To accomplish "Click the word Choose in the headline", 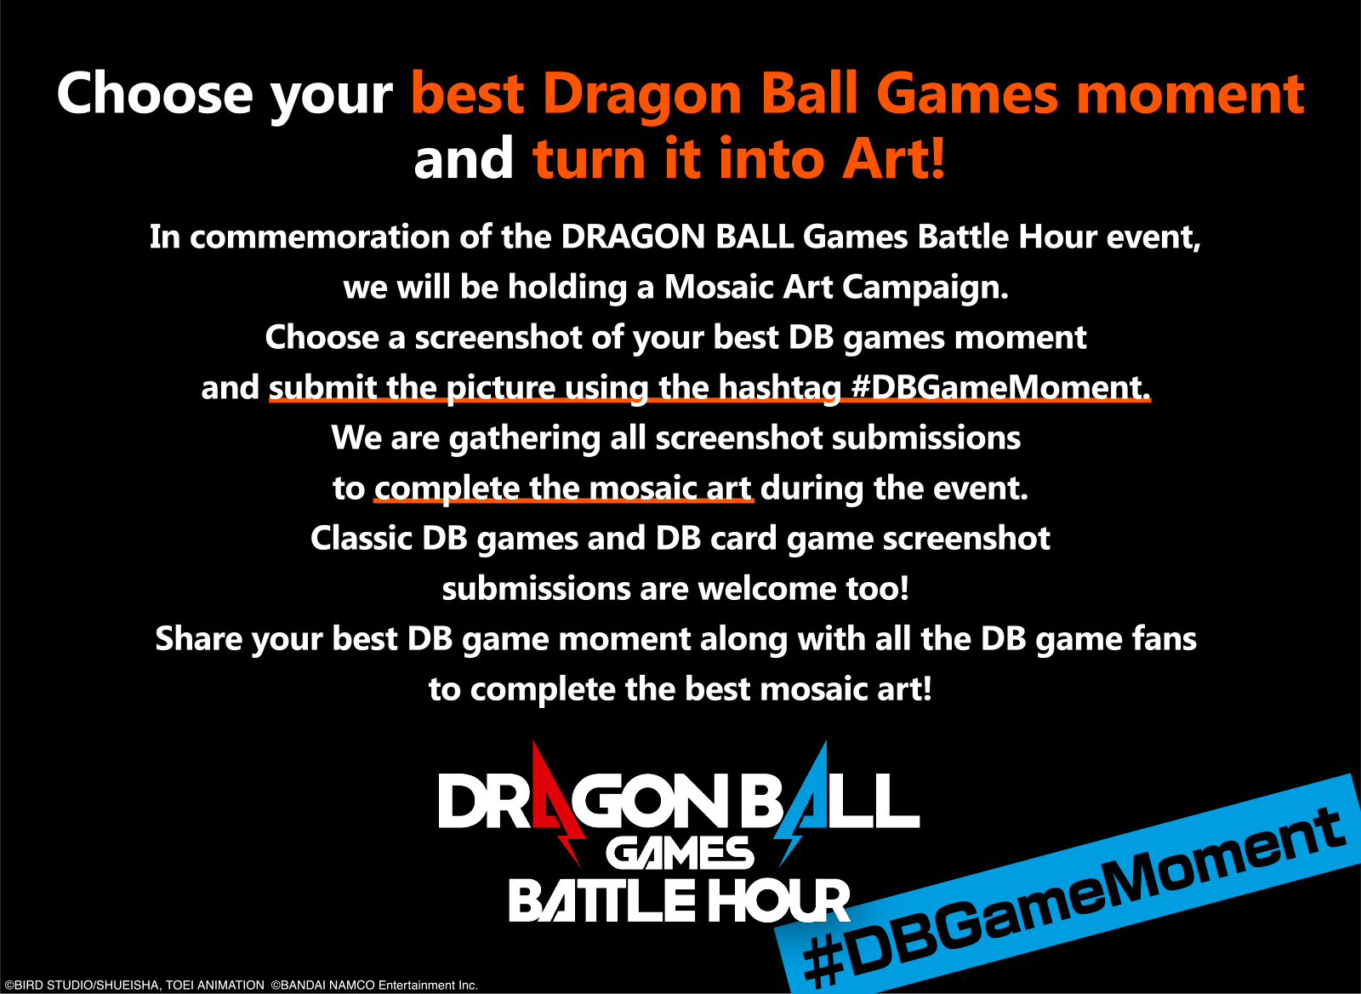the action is [154, 94].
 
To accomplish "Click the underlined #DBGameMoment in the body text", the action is [1000, 386].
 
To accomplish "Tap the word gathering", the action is [525, 439].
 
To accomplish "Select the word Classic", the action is [362, 538].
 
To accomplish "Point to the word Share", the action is [199, 639].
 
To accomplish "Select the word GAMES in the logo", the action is [680, 853].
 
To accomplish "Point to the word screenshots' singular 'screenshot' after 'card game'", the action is [966, 538].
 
